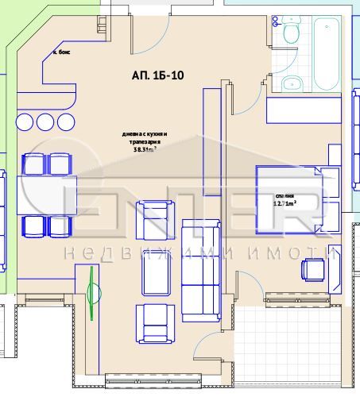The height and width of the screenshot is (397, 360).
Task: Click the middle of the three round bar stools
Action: (44, 121)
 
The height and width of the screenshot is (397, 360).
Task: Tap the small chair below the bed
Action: (312, 270)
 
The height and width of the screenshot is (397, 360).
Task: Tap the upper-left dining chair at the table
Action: (33, 164)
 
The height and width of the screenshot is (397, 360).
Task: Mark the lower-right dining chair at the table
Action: (60, 226)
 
